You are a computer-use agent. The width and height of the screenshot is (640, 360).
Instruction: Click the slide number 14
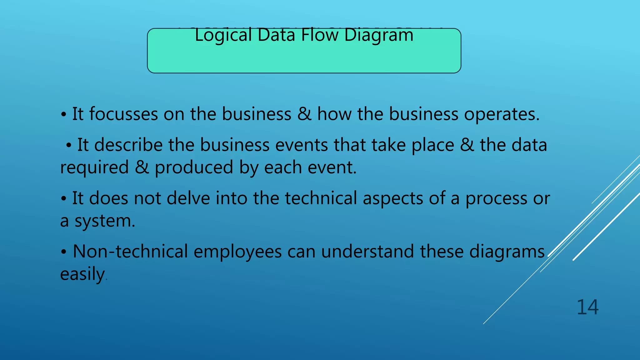point(587,307)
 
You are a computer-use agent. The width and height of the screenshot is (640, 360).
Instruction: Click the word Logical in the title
point(223,35)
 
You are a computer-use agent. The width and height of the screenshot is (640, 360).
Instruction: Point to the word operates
point(502,114)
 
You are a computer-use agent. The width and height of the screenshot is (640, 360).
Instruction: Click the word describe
point(128,145)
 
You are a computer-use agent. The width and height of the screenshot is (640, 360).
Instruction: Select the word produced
point(194,167)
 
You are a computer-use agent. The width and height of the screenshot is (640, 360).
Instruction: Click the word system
point(105,221)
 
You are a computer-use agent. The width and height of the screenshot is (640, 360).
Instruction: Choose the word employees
point(237,252)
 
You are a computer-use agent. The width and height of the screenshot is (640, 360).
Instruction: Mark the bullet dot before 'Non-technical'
point(63,252)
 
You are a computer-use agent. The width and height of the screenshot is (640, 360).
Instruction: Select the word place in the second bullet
point(432,146)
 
